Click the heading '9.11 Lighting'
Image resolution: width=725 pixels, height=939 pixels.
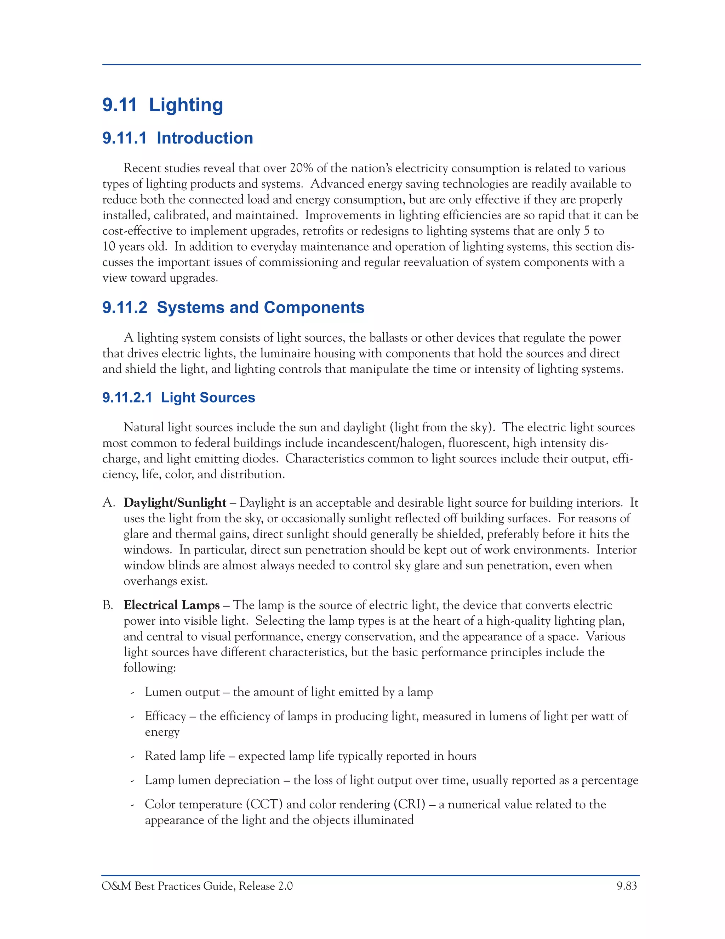pos(162,105)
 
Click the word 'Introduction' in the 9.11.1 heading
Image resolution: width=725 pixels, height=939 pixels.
pos(205,138)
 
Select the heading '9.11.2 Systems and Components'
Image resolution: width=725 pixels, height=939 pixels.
pos(233,308)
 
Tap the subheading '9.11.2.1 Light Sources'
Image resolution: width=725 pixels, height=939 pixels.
pos(179,397)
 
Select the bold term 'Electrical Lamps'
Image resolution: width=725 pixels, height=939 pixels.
pos(171,605)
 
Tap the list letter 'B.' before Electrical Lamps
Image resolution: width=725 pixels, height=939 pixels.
pos(108,605)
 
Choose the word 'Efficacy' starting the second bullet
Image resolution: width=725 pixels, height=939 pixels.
pos(165,716)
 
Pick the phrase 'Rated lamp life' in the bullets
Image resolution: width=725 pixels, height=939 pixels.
pos(185,756)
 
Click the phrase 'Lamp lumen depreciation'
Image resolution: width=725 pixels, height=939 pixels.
pos(212,780)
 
